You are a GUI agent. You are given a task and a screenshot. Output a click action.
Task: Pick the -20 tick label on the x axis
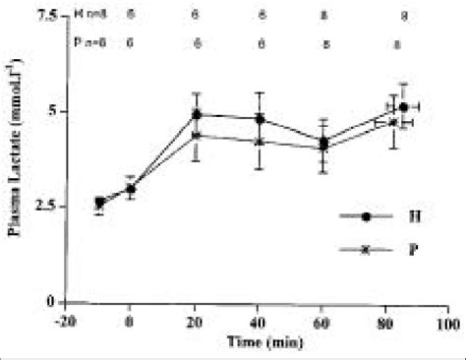pyautogui.click(x=65, y=321)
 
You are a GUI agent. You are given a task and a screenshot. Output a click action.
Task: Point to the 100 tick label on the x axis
pyautogui.click(x=451, y=321)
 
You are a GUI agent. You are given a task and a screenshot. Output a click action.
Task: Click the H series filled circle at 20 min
pyautogui.click(x=197, y=114)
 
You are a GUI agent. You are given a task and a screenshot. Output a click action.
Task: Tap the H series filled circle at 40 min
pyautogui.click(x=260, y=118)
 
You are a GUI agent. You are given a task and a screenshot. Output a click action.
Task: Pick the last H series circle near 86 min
pyautogui.click(x=404, y=106)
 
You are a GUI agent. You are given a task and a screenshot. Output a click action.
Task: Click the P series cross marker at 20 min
pyautogui.click(x=197, y=135)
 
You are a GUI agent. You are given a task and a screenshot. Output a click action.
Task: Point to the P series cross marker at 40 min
pyautogui.click(x=260, y=141)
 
